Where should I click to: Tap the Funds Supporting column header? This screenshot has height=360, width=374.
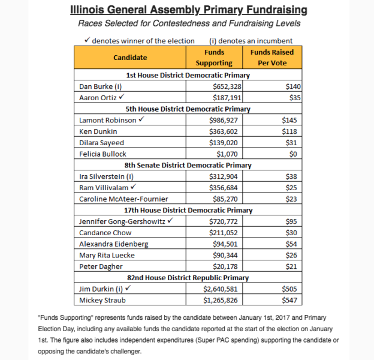tap(214, 58)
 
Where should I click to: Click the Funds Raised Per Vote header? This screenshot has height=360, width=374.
tap(272, 58)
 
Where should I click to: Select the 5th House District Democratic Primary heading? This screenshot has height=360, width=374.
tap(188, 109)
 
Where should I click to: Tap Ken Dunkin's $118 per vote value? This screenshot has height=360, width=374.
tap(289, 131)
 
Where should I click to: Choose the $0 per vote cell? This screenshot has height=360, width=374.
tap(292, 154)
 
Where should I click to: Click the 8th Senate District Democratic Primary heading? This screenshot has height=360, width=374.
tap(188, 165)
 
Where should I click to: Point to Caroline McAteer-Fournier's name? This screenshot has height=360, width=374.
tap(122, 199)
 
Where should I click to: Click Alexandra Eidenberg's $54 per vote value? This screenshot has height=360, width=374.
tap(291, 244)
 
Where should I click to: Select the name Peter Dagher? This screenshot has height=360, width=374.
tap(101, 266)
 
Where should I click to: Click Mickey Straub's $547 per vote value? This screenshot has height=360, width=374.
tap(289, 300)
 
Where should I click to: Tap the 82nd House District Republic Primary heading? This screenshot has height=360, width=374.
tap(188, 277)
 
